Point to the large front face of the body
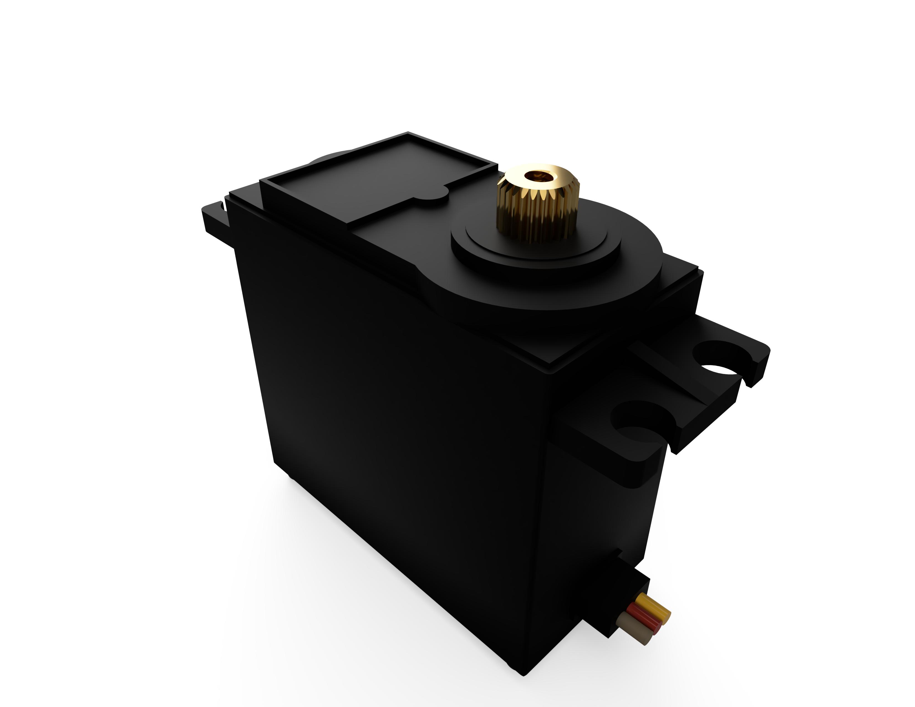click(x=390, y=398)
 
